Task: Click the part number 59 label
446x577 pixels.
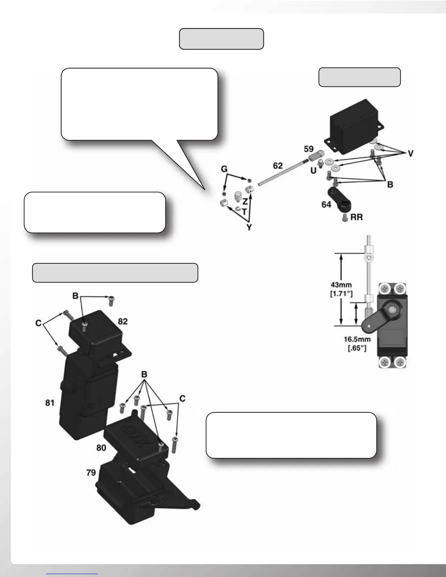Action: coord(309,149)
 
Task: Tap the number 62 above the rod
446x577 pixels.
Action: coord(278,166)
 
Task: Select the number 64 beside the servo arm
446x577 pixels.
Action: coord(326,204)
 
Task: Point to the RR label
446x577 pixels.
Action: coord(356,218)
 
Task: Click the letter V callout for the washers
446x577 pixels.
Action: coord(410,154)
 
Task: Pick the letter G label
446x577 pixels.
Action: coord(224,169)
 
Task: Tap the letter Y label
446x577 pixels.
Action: coord(249,227)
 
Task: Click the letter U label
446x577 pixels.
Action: coord(313,170)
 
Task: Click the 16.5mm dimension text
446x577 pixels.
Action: coord(357,339)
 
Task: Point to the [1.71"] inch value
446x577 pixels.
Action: coord(341,293)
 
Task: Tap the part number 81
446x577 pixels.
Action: coord(50,403)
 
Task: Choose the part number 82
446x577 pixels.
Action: coord(123,321)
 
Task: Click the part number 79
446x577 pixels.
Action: coord(91,472)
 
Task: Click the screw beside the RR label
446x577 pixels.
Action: coord(344,218)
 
